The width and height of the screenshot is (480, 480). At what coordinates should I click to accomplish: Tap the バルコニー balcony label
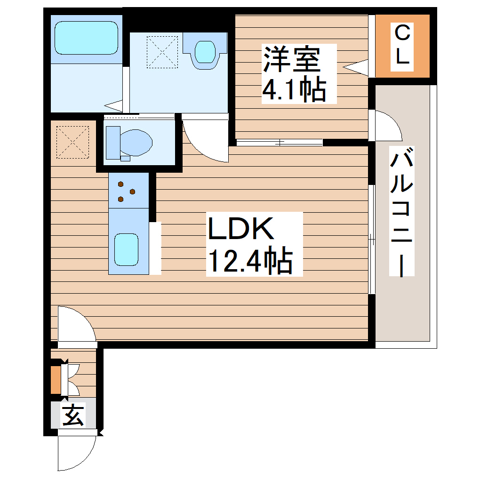[x=401, y=212]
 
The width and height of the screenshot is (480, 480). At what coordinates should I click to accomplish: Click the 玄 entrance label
[x=73, y=415]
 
